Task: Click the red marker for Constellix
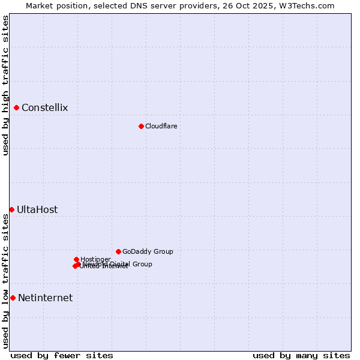[x=17, y=108]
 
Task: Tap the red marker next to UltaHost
[x=12, y=209]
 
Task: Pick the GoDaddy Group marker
[x=119, y=251]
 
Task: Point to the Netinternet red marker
[x=13, y=298]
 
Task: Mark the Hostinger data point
[x=77, y=259]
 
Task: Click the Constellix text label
[x=44, y=108]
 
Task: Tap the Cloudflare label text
[x=161, y=126]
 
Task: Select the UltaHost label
[x=37, y=209]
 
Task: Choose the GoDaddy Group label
[x=148, y=251]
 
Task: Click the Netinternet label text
[x=45, y=298]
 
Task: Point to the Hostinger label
[x=95, y=259]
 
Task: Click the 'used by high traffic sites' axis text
[x=5, y=85]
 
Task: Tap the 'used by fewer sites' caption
[x=62, y=355]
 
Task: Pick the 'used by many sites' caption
[x=301, y=355]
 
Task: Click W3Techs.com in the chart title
[x=309, y=5]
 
